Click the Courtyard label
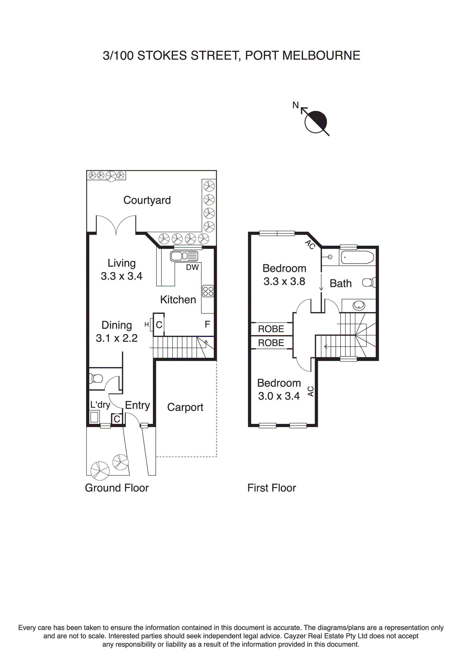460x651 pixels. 147,200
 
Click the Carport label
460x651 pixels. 185,407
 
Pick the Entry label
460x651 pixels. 137,405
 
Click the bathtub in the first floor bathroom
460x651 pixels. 357,257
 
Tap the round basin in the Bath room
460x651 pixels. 359,306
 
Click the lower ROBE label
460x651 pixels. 271,343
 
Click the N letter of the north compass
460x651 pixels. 296,105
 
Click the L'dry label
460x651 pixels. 100,405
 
